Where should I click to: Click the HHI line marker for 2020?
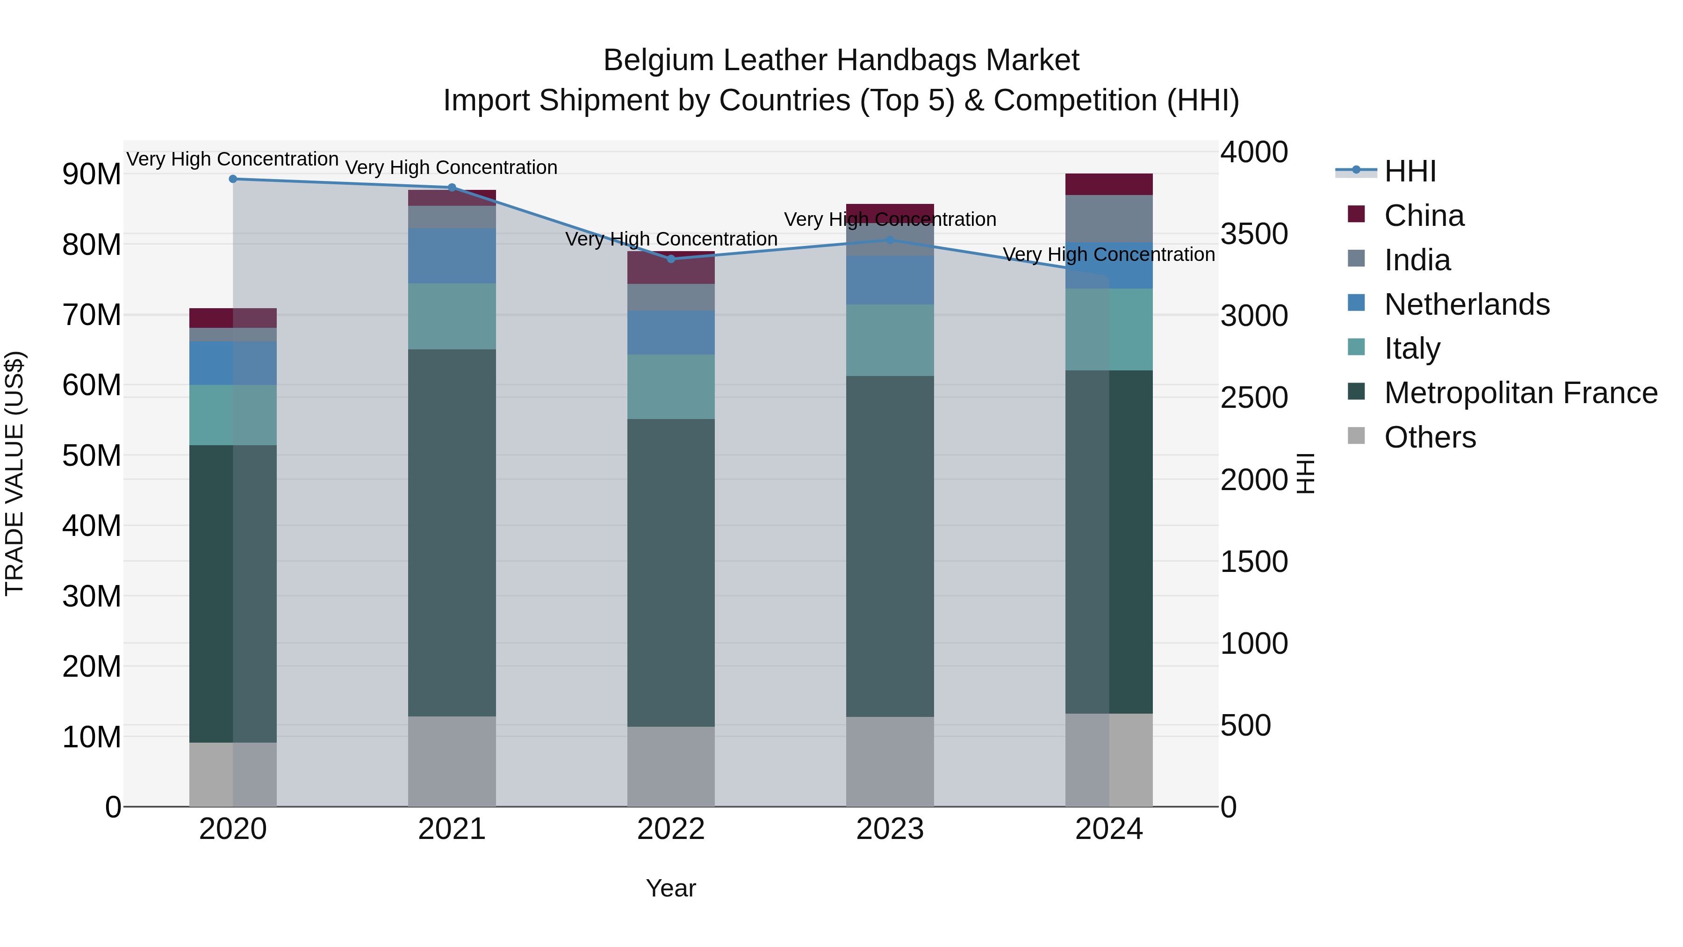233,179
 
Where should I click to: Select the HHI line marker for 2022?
671,259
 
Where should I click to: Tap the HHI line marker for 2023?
890,240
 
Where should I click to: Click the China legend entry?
1423,216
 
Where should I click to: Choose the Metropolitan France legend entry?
1520,393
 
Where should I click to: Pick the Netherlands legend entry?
1466,304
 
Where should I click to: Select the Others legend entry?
1430,437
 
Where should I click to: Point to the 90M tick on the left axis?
92,174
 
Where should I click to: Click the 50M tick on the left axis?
92,455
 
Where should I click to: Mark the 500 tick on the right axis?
1245,725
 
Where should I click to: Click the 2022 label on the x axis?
671,829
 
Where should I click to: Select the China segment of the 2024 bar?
1109,184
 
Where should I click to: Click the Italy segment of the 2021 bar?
452,316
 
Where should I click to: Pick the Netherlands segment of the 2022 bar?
671,333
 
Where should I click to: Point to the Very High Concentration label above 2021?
452,167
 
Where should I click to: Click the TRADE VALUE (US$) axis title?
14,473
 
